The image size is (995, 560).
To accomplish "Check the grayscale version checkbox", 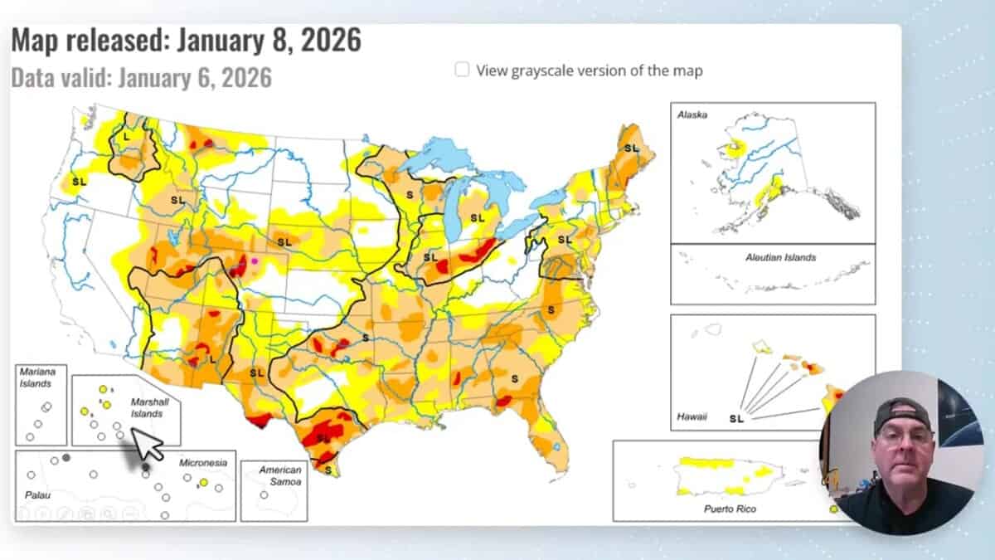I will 462,70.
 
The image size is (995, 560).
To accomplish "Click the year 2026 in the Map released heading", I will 330,40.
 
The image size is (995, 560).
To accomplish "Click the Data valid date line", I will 141,78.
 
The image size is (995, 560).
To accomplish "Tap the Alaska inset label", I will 692,114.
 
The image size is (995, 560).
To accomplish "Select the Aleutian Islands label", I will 779,257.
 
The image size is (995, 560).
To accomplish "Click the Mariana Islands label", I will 36,377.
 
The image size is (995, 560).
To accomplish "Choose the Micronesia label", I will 202,462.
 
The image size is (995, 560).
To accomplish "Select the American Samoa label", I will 279,475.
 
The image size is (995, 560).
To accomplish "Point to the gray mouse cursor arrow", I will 148,444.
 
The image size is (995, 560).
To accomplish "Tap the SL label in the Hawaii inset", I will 736,417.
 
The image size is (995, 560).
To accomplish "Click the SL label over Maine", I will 632,148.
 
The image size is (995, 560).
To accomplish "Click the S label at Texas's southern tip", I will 328,470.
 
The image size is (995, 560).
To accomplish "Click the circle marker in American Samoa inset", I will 264,494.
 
